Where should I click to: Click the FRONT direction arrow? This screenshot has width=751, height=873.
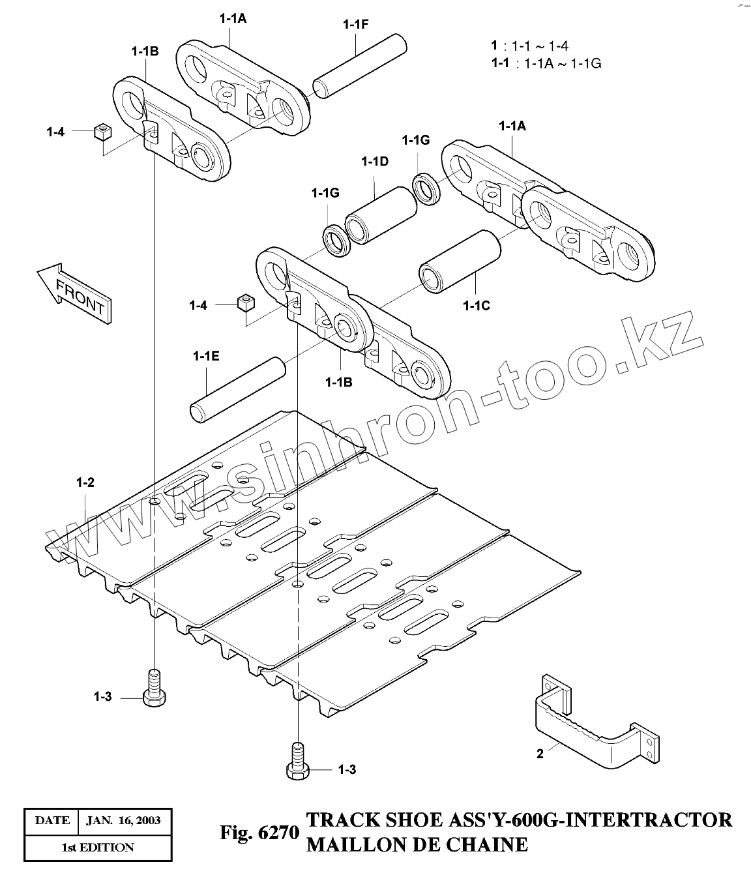click(74, 291)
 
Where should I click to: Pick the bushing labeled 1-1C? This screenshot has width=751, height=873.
click(460, 261)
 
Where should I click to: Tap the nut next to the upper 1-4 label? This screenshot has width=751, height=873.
click(102, 132)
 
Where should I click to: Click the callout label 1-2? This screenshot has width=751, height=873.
click(85, 483)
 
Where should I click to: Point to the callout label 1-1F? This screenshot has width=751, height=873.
click(356, 25)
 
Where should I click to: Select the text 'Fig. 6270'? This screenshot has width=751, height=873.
click(259, 833)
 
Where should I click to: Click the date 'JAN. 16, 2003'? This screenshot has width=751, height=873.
click(123, 820)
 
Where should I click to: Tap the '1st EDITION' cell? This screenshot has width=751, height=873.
click(98, 848)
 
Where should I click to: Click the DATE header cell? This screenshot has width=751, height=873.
click(52, 820)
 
